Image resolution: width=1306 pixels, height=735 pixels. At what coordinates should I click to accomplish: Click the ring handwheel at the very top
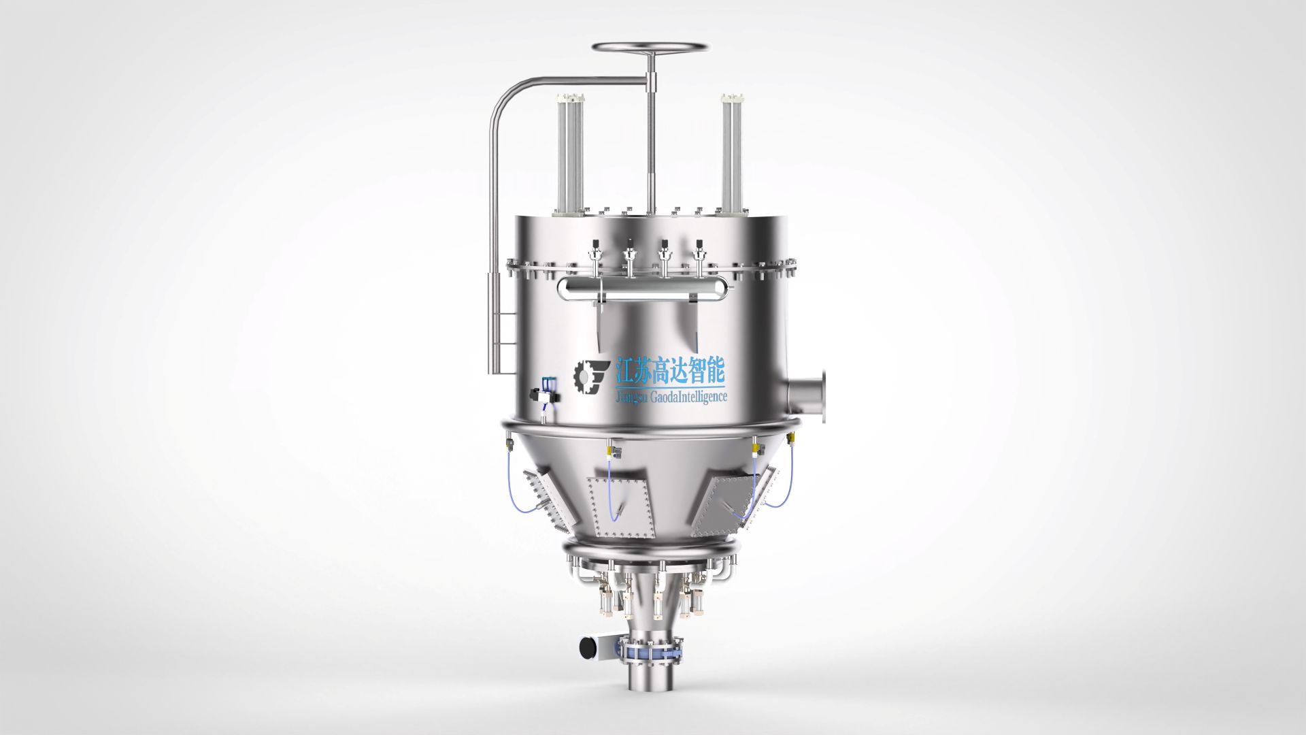coord(650,44)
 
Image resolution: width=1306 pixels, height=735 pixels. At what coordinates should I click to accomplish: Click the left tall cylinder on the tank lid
coord(569,152)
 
